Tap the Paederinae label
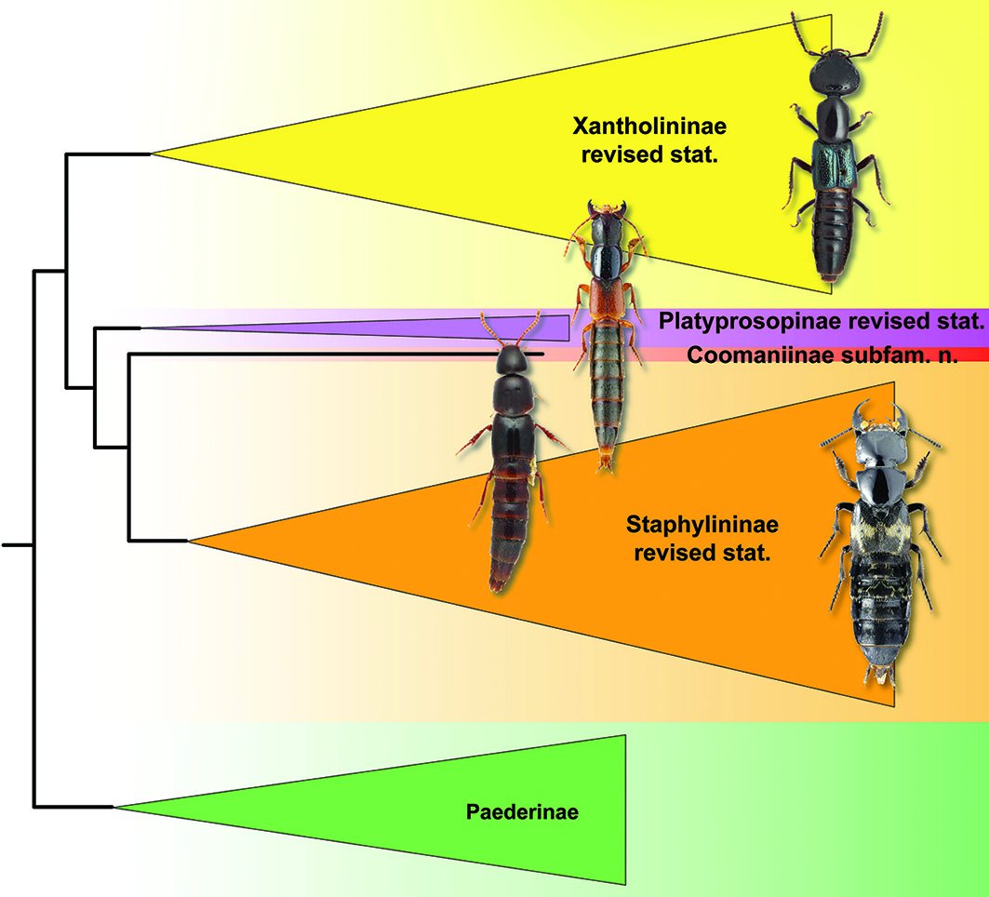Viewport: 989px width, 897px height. [x=522, y=811]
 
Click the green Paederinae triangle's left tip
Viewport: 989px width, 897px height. [x=116, y=807]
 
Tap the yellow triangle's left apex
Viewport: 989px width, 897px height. [x=154, y=154]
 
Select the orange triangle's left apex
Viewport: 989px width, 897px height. [x=189, y=540]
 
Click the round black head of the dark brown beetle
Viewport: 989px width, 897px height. [x=510, y=360]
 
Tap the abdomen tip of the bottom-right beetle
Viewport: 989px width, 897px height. [x=876, y=675]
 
